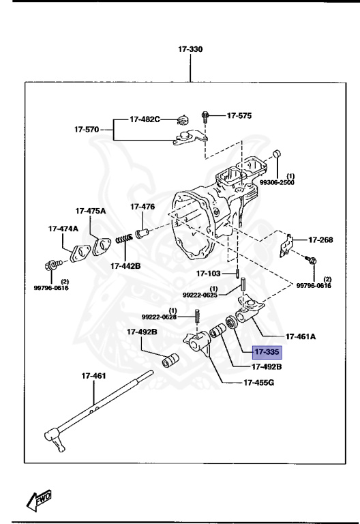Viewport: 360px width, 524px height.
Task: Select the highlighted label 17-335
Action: point(268,353)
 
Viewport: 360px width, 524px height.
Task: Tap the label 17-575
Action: point(239,116)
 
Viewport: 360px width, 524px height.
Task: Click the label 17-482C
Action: point(145,119)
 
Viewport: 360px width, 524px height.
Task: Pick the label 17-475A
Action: point(91,212)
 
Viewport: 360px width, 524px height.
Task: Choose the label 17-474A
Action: point(63,229)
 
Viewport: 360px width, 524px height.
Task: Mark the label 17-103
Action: point(209,273)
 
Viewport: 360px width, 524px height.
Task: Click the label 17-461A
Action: point(301,336)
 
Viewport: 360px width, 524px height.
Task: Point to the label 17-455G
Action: point(259,382)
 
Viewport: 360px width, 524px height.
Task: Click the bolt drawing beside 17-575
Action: point(205,117)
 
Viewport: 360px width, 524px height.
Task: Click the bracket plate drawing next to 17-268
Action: point(288,245)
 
